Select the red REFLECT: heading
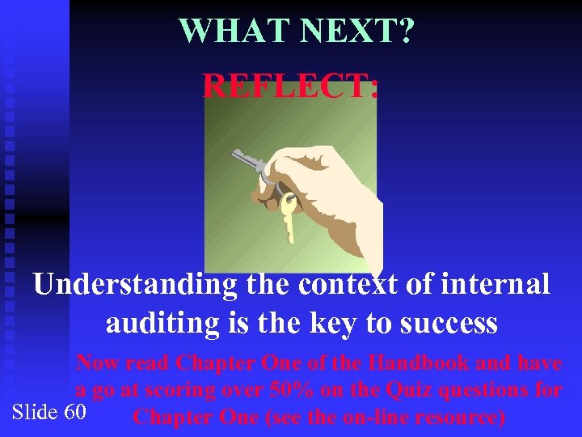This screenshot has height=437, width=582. (x=290, y=85)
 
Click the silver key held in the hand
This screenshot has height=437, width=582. (x=247, y=162)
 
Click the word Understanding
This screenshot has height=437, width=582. (x=135, y=285)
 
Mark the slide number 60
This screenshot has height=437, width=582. (x=74, y=412)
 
